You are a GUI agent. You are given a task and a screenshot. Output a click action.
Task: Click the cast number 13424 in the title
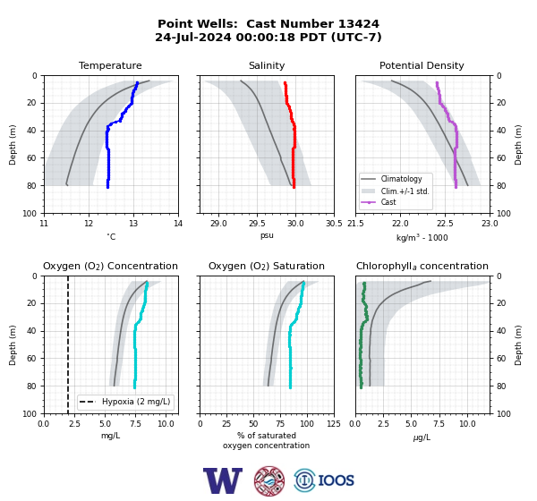tap(359, 24)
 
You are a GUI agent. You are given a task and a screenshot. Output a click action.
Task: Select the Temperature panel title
tap(110, 65)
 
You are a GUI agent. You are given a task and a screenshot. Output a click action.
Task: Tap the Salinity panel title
tap(267, 65)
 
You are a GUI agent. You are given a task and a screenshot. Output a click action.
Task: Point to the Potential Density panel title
tap(422, 65)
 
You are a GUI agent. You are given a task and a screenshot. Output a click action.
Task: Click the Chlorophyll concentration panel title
tap(422, 266)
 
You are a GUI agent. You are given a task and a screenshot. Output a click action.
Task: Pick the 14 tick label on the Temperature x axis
tap(178, 224)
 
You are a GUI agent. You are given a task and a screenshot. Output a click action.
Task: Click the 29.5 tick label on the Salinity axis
tap(257, 224)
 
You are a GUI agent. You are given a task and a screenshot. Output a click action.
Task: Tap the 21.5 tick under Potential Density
tap(355, 224)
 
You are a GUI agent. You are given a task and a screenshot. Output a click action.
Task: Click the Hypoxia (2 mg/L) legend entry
tap(124, 402)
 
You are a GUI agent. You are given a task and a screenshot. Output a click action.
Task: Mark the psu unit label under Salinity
tap(267, 236)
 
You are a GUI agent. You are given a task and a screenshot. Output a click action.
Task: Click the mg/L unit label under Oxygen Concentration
tap(110, 436)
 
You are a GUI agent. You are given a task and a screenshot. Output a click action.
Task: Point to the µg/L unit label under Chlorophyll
tap(422, 437)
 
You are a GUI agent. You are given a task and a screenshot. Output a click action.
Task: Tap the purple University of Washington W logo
tap(223, 480)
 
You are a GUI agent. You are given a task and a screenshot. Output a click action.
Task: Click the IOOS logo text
tap(336, 480)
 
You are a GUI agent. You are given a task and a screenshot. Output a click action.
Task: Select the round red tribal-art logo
tap(269, 480)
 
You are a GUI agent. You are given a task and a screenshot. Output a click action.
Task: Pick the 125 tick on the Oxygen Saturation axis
tap(334, 424)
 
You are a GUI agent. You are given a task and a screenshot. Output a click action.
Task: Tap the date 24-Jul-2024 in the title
tap(193, 37)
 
